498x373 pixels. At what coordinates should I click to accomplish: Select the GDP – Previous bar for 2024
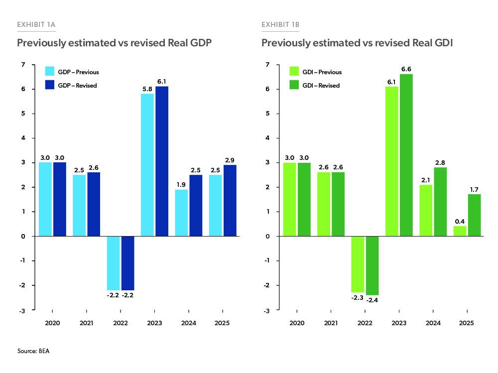click(x=182, y=213)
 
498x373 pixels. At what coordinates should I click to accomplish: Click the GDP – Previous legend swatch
click(x=50, y=72)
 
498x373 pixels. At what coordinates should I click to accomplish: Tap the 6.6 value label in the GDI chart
click(x=406, y=69)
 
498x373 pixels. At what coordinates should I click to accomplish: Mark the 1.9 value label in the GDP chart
click(x=182, y=184)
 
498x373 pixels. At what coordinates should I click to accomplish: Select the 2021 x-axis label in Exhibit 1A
click(x=87, y=323)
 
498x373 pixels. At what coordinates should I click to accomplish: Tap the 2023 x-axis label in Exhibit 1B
click(x=399, y=323)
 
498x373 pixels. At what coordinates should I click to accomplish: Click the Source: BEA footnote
click(x=33, y=351)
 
